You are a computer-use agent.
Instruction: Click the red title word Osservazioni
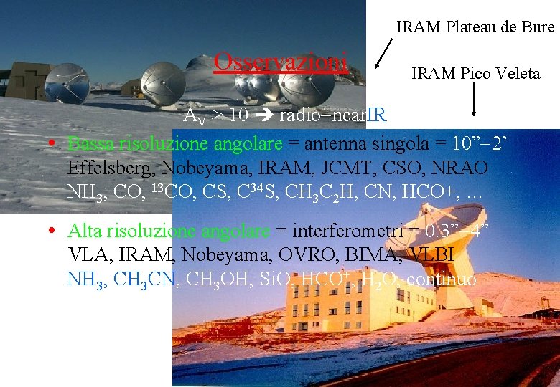point(281,62)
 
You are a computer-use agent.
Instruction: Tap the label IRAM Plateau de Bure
point(475,27)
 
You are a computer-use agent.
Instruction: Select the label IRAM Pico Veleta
point(475,73)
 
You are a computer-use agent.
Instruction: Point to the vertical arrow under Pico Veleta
point(474,101)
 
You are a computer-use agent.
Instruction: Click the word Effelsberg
point(111,168)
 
